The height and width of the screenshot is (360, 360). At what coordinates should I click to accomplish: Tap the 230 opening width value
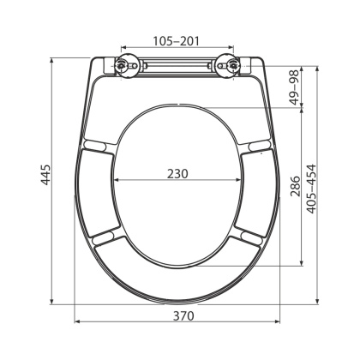pos(178,172)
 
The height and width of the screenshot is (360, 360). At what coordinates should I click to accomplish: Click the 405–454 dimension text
pos(310,190)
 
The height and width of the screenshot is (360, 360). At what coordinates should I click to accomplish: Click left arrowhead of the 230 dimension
pos(117,180)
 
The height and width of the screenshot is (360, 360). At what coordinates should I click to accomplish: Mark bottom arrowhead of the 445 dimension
pos(54,301)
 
